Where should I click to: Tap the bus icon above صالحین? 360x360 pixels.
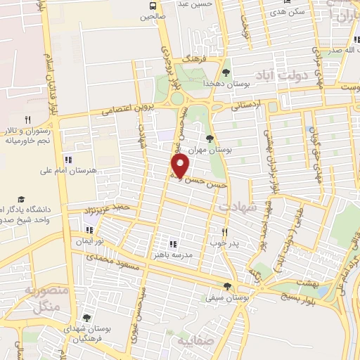pos(152,6)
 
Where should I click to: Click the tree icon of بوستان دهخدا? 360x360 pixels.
pos(226,72)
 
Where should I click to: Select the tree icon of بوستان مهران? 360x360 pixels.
pos(210,139)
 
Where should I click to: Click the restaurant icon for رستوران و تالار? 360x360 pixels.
pos(28,120)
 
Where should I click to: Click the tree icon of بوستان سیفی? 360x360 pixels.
pos(226,285)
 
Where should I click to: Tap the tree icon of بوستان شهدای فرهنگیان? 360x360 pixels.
pos(86,318)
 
